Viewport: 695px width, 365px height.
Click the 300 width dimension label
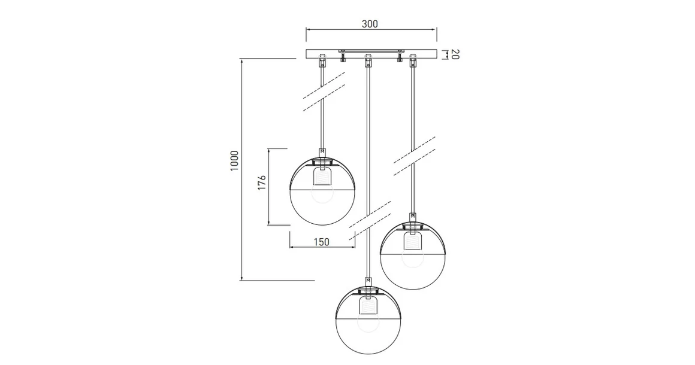click(x=370, y=24)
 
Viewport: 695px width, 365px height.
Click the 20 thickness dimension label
click(x=454, y=54)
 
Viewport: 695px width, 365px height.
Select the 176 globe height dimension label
click(x=262, y=183)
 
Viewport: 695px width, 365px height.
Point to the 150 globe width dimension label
click(x=321, y=242)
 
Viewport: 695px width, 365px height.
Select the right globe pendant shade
click(x=413, y=257)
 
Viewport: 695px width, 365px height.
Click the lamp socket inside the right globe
click(x=413, y=241)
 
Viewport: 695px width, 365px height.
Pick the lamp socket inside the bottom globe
click(x=368, y=306)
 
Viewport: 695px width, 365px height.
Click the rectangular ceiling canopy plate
click(x=371, y=52)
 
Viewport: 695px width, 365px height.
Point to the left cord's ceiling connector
click(x=323, y=60)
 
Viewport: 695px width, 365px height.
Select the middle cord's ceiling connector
click(x=368, y=60)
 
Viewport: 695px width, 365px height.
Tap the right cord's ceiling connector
click(x=413, y=60)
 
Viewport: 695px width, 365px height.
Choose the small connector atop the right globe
click(x=413, y=217)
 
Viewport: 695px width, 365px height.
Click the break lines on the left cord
click(x=324, y=93)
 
